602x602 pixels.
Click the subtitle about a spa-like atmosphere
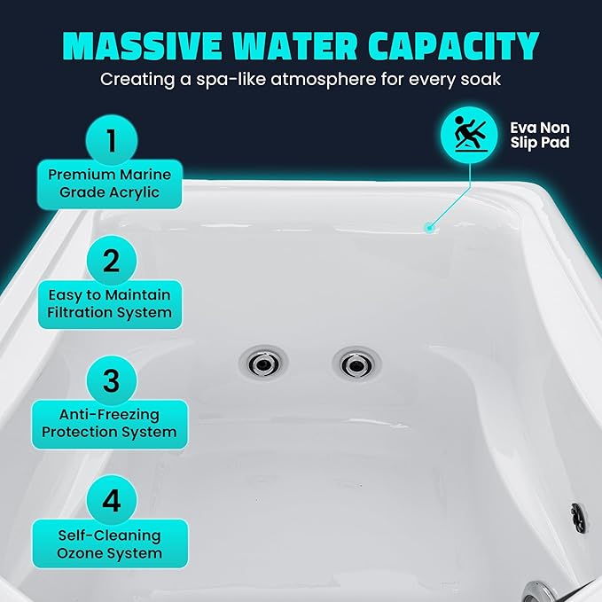[301, 80]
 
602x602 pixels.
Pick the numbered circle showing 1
[111, 141]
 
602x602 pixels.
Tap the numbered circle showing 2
[111, 261]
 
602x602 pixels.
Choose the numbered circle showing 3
[111, 380]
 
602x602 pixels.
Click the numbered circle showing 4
[111, 500]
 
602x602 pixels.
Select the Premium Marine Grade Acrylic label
[110, 184]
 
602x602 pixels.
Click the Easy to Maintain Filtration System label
[110, 303]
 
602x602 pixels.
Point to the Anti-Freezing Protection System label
[110, 423]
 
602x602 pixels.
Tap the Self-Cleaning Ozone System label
[110, 543]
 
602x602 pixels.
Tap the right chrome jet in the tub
[355, 363]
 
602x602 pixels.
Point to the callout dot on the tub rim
[429, 227]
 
